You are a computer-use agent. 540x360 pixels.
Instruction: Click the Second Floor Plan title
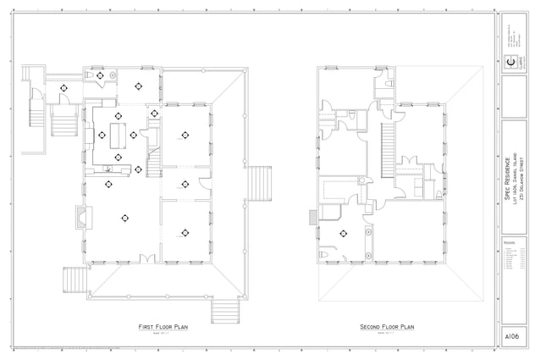click(x=386, y=326)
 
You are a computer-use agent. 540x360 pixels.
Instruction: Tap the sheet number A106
click(x=510, y=336)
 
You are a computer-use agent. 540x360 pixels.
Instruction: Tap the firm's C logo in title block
click(x=510, y=61)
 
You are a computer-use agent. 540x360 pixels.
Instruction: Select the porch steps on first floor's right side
click(x=258, y=184)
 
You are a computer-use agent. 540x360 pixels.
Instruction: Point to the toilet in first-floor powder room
click(x=89, y=76)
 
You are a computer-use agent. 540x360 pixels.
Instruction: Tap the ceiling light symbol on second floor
click(x=344, y=233)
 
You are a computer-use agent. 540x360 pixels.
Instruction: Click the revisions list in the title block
click(x=514, y=258)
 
